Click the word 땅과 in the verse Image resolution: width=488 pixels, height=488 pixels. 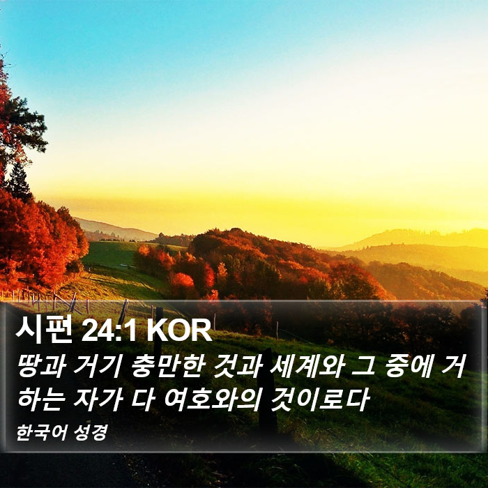[43, 366]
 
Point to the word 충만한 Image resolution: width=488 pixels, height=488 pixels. [168, 366]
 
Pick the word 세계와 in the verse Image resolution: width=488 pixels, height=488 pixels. [307, 366]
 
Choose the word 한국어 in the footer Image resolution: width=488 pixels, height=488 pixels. [42, 433]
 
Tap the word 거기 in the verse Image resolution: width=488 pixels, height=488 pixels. [98, 366]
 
